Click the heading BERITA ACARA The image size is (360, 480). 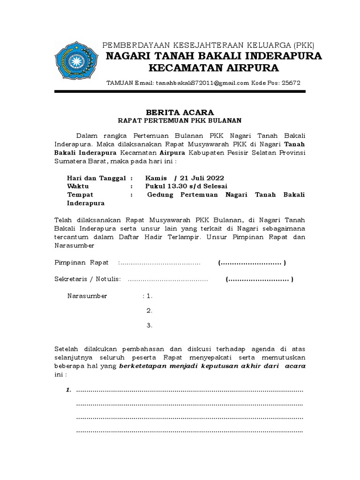coord(180,112)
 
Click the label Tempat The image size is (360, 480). coord(80,195)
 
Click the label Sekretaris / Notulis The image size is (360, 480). coord(88,280)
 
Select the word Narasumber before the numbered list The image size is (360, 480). coord(87,296)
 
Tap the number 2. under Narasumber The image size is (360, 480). coord(149,311)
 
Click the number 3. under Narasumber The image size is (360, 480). coord(149,326)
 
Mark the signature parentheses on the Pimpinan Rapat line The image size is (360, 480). coord(252,263)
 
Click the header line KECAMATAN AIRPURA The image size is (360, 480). coord(213,68)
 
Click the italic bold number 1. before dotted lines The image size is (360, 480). coord(68,390)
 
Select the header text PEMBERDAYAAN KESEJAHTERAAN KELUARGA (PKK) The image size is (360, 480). coord(209,45)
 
